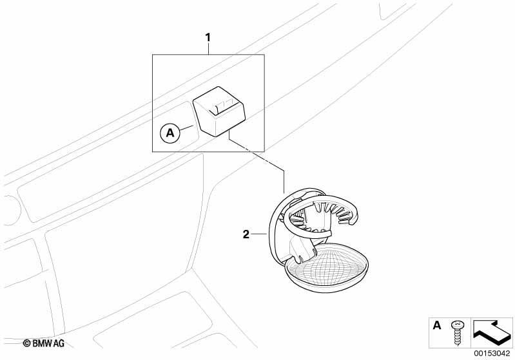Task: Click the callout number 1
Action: (208, 38)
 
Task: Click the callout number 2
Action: (246, 234)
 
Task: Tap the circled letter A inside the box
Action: (170, 133)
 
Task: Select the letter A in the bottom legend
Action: (437, 325)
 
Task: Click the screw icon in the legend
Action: (457, 333)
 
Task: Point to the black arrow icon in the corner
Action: (491, 333)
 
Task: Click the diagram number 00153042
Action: (492, 353)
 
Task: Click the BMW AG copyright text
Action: (44, 343)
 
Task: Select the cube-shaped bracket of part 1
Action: (219, 111)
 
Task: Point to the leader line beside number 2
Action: (260, 234)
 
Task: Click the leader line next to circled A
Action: (188, 128)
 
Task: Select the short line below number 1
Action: (208, 49)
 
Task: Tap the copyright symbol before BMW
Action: (26, 344)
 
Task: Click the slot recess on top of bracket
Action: (225, 108)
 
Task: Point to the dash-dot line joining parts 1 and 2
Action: (256, 160)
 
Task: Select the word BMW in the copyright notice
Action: (43, 344)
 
